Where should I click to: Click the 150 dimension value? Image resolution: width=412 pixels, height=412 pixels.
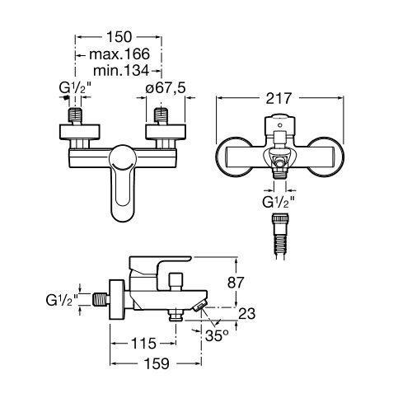pos(119,37)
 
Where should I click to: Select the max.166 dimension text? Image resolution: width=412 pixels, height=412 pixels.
pos(119,54)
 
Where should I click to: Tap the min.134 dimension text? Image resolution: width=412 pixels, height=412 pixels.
pos(121,71)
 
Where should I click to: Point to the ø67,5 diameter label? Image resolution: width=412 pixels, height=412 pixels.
pos(166,88)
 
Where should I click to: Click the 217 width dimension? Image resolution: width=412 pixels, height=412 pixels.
pos(279,98)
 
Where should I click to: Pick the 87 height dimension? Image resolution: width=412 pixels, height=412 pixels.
pos(236,283)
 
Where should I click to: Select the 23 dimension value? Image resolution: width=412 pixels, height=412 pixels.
pos(246,313)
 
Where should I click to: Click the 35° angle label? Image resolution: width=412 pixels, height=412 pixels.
pos(217,335)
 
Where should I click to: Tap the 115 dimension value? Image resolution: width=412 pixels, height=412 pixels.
pos(143,344)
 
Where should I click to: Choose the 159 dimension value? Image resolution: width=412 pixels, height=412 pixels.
pos(157,363)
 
